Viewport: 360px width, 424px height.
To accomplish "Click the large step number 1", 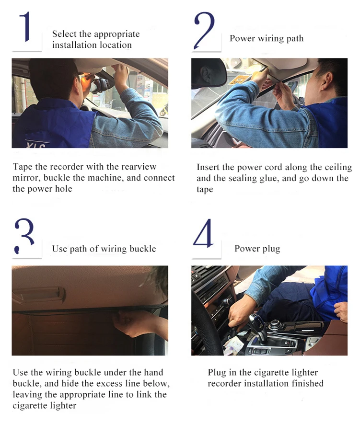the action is pos(26,27).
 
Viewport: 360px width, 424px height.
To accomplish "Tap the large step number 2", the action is pos(204,30).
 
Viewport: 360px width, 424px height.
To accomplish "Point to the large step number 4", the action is pos(203,233).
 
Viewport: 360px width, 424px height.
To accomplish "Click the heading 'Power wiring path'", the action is pos(267,39).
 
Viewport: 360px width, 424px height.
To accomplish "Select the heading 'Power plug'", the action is pos(257,249).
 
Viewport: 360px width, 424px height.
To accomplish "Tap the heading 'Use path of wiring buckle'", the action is pos(104,249).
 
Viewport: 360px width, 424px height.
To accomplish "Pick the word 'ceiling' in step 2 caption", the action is pos(338,167).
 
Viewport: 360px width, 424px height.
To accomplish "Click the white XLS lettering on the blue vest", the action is pos(36,145).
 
